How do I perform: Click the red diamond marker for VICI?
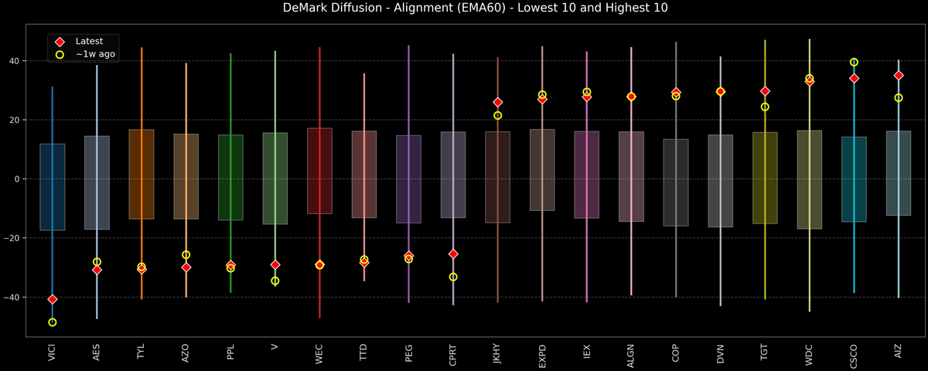click(x=52, y=299)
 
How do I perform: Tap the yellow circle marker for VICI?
click(x=52, y=322)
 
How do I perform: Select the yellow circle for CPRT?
click(x=453, y=277)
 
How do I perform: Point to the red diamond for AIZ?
click(x=899, y=76)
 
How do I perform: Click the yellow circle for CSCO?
click(x=854, y=62)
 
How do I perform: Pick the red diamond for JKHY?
click(x=498, y=102)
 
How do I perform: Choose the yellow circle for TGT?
click(x=765, y=107)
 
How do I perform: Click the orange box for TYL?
click(x=142, y=174)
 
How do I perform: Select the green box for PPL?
click(x=230, y=177)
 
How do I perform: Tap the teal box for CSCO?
click(x=854, y=179)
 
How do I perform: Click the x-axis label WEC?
click(x=319, y=356)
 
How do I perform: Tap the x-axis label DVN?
click(x=721, y=356)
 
